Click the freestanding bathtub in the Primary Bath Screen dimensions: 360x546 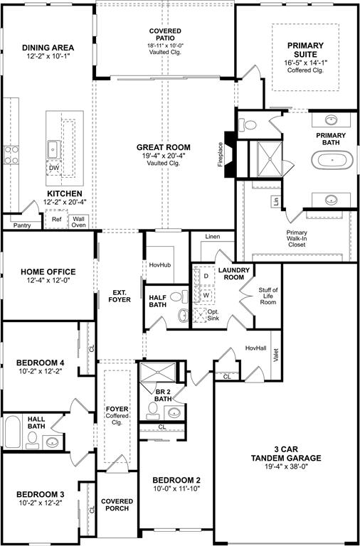[x=332, y=160]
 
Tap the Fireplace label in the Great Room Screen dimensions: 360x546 [x=220, y=154]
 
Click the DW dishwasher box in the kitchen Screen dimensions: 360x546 [x=53, y=168]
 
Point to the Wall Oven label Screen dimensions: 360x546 [x=79, y=222]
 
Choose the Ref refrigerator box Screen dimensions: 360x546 [x=56, y=220]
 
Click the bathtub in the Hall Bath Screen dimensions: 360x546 [x=13, y=432]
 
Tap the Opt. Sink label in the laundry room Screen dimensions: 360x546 [x=213, y=315]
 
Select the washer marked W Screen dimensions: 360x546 [x=206, y=294]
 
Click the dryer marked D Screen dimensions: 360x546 [x=206, y=276]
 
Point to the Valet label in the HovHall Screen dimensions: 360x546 [x=276, y=355]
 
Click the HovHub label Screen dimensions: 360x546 [x=160, y=265]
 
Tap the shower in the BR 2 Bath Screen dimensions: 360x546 [x=158, y=373]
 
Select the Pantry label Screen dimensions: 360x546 [x=22, y=225]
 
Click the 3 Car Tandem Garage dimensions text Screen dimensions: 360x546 [x=286, y=466]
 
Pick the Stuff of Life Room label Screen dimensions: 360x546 [x=268, y=296]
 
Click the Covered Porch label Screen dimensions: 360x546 [x=117, y=505]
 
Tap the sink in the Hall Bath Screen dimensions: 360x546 [x=53, y=442]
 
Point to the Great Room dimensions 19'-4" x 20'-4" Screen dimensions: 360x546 [x=164, y=156]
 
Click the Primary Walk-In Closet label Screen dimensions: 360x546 [x=297, y=239]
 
